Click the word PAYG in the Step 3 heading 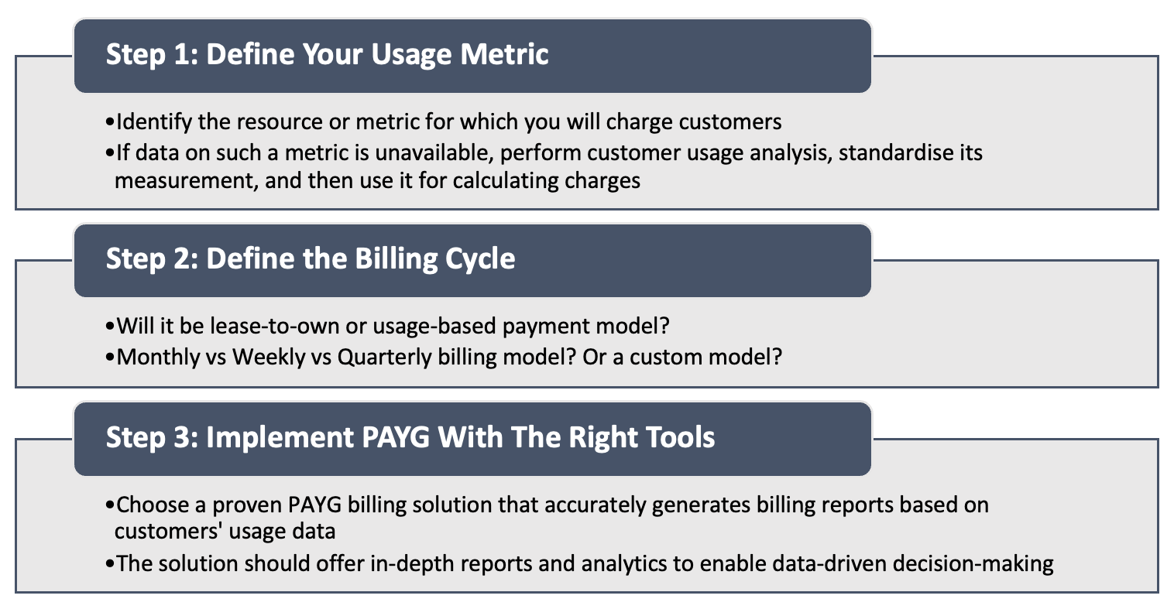tap(395, 437)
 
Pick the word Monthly tap(158, 358)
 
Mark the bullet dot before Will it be tap(109, 327)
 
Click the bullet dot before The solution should tap(109, 565)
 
